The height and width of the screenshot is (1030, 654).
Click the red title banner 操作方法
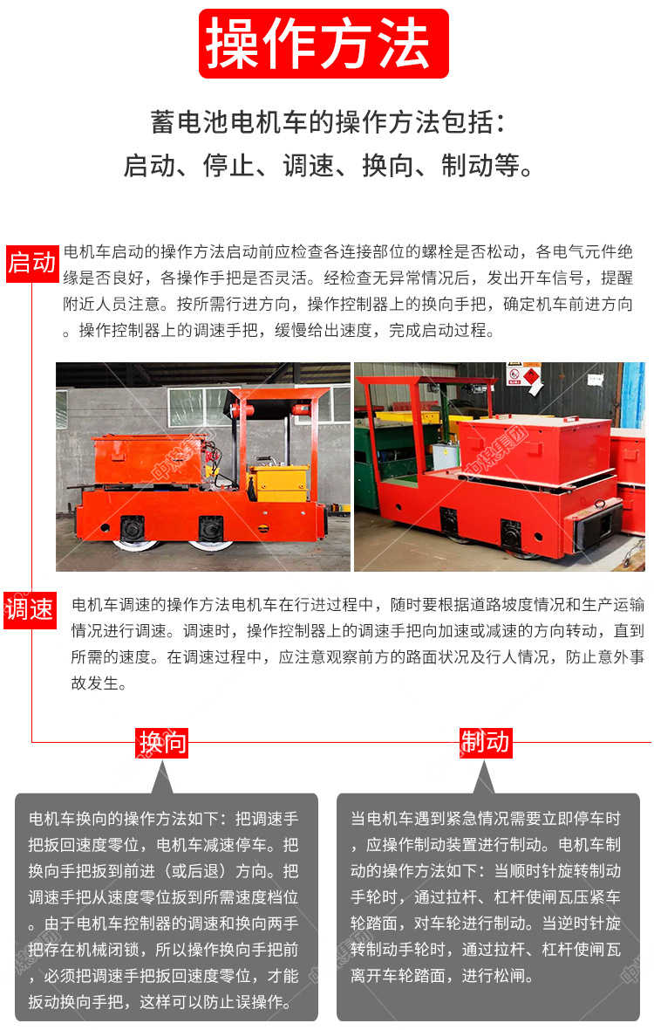pos(324,44)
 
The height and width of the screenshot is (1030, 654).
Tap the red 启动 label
pos(31,264)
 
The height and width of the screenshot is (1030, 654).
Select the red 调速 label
pos(30,609)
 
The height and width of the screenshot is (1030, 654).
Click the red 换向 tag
pos(162,742)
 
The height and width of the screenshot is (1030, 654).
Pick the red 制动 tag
pos(485,742)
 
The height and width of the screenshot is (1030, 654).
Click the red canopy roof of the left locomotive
pos(278,394)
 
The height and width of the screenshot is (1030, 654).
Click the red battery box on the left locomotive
pos(148,459)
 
